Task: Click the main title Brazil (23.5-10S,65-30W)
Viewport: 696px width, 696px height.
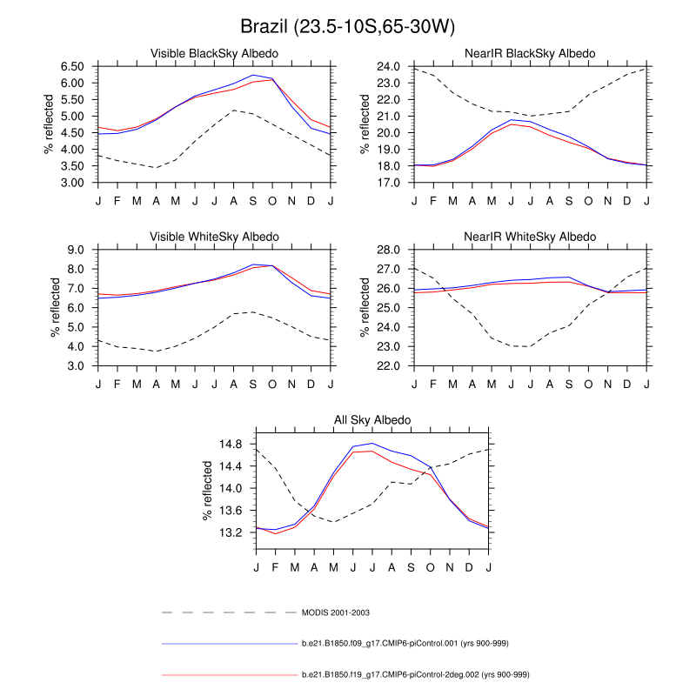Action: pos(348,26)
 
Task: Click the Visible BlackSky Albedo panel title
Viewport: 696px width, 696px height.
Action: pos(215,54)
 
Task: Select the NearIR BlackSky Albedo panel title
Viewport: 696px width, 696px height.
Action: pos(531,54)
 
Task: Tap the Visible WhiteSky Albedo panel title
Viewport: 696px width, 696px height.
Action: pos(215,237)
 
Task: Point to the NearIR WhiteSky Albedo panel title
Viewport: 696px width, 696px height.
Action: pos(531,237)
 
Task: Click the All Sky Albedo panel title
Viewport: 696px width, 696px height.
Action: pos(372,420)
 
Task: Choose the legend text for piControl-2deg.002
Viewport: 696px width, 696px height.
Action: pos(416,674)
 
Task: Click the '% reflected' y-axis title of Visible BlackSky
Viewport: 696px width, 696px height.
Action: pos(49,124)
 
